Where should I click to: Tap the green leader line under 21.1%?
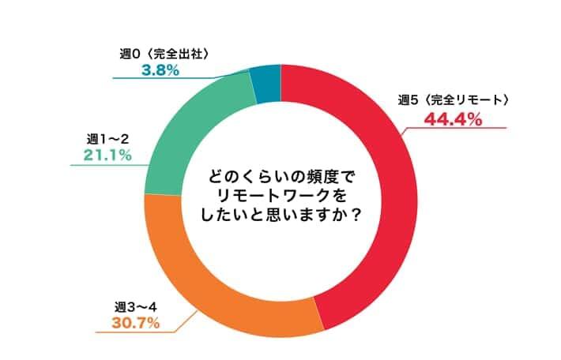(111, 165)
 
